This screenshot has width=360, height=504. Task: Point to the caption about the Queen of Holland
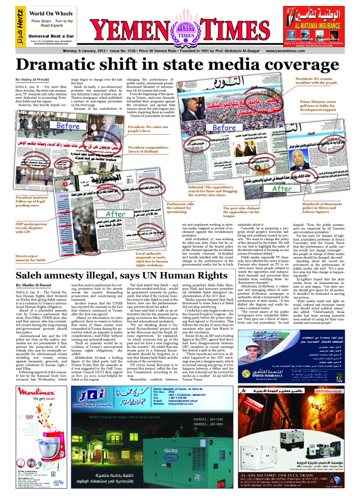point(148,150)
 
